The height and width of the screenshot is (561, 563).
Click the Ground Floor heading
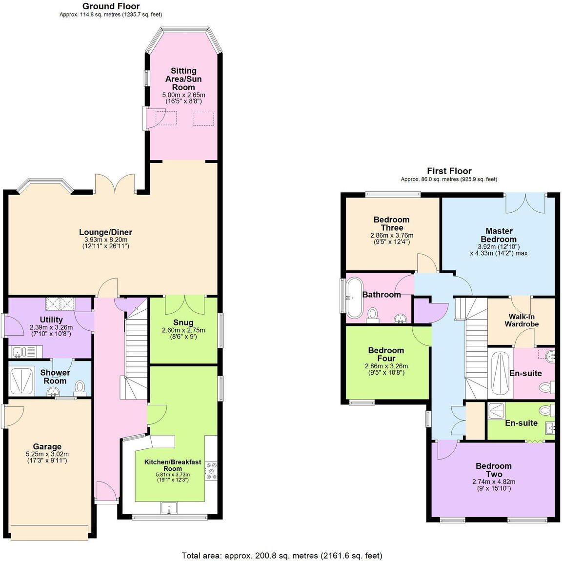click(x=111, y=6)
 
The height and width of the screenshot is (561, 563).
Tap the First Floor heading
click(x=449, y=171)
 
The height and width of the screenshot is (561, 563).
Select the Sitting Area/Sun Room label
click(x=183, y=79)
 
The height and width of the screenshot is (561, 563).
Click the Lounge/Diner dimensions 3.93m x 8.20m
click(x=106, y=240)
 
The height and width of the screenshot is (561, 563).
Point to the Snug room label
click(x=183, y=322)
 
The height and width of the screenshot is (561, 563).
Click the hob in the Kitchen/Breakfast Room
click(x=212, y=471)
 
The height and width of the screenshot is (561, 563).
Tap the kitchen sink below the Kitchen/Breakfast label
click(x=169, y=508)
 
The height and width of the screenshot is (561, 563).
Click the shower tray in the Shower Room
click(x=21, y=380)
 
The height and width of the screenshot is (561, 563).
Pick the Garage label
click(x=47, y=446)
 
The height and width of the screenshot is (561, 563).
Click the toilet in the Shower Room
click(x=80, y=387)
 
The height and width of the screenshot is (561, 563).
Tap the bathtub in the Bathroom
click(x=353, y=298)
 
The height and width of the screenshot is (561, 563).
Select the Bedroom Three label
click(x=392, y=223)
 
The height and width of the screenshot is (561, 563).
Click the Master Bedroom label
click(x=499, y=235)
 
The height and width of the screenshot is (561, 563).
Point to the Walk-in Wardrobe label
click(x=522, y=321)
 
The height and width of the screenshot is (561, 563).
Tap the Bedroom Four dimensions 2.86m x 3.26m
click(x=386, y=366)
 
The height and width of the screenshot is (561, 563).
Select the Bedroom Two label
click(x=494, y=470)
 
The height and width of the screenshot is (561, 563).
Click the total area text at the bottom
click(x=281, y=555)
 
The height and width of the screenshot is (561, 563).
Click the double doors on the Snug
click(x=183, y=304)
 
